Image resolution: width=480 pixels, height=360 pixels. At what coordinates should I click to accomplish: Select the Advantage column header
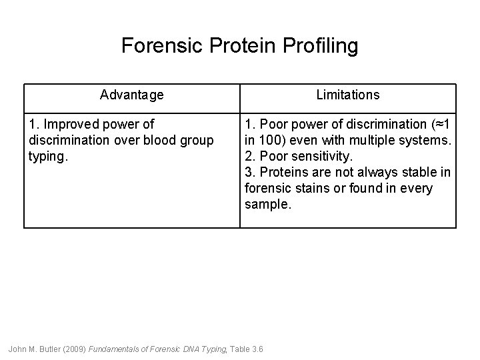pos(131,95)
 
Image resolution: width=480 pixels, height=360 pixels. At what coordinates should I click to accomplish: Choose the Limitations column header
pos(347,95)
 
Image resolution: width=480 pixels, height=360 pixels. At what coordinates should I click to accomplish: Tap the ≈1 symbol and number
pos(442,125)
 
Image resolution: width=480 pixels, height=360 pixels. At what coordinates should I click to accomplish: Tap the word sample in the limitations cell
pos(267,205)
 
